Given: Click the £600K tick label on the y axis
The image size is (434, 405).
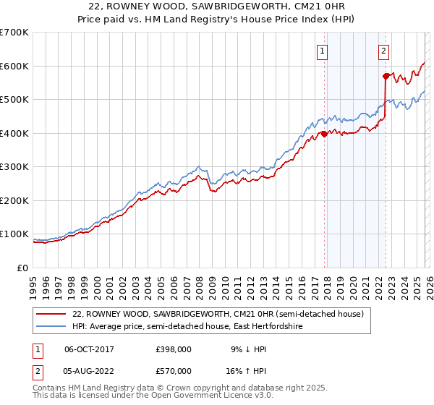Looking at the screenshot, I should tap(14, 66).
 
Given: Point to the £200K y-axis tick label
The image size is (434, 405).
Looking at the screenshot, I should tap(14, 200).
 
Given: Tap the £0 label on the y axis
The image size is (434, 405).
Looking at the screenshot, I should tap(22, 268).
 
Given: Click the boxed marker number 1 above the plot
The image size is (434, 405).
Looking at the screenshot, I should tap(321, 51).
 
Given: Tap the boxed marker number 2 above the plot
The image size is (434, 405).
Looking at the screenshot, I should tap(383, 51).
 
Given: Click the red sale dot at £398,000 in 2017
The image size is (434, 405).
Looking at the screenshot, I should tap(324, 134).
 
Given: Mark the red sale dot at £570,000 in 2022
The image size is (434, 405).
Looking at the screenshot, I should tap(386, 76).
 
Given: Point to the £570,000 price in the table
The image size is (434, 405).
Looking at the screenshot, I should tap(173, 370).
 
